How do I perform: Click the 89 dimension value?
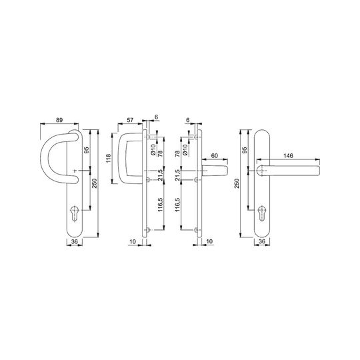[59, 120]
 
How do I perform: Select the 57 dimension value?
[130, 120]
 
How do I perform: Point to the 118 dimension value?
[108, 159]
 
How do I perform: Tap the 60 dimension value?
[214, 155]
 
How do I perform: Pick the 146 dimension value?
[288, 155]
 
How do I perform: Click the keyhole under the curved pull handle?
[75, 213]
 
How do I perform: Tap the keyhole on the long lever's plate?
[262, 213]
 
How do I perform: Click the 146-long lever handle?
[289, 171]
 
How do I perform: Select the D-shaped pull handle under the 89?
[44, 159]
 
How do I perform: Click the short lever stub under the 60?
[215, 171]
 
